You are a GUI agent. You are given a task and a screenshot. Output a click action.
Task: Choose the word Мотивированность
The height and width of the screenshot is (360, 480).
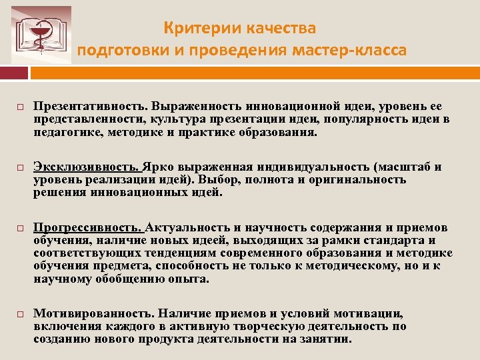point(90,313)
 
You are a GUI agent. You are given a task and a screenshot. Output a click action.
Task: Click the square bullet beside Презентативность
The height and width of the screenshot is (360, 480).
point(21,107)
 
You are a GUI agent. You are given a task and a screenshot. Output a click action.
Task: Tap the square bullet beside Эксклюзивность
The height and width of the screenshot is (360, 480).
point(21,167)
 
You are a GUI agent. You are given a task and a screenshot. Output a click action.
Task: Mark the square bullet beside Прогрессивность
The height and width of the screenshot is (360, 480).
point(21,227)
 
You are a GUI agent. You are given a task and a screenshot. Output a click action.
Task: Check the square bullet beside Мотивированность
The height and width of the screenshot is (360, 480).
point(21,314)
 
